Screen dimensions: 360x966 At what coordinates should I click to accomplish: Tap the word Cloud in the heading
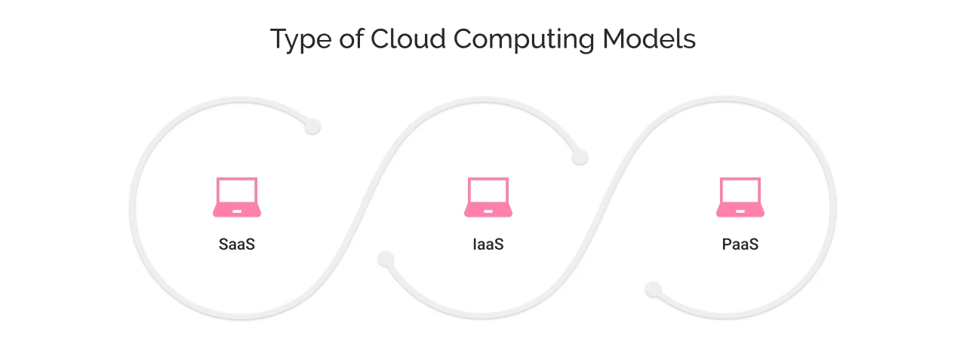pyautogui.click(x=398, y=39)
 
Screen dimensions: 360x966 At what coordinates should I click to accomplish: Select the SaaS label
pyautogui.click(x=237, y=245)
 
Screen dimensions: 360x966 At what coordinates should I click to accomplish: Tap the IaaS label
pyautogui.click(x=488, y=245)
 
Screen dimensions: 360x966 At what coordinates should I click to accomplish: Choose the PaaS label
pyautogui.click(x=740, y=245)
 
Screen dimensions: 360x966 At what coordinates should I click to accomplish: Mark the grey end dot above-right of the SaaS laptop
pyautogui.click(x=312, y=127)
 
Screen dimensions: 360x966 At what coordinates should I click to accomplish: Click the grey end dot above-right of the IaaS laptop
pyautogui.click(x=580, y=157)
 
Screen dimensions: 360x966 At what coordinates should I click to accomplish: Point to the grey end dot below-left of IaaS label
pyautogui.click(x=386, y=259)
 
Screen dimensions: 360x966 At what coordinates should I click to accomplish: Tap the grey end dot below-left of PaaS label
pyautogui.click(x=654, y=289)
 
